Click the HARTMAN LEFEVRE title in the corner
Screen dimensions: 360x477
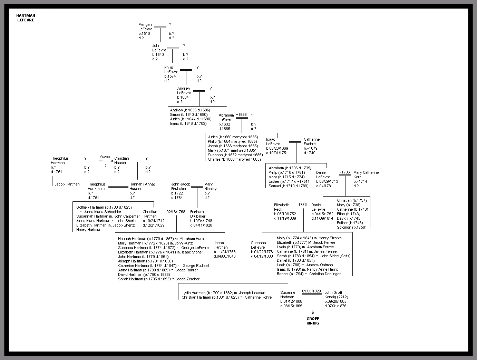pos(26,18)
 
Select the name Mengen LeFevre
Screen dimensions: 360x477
pos(145,27)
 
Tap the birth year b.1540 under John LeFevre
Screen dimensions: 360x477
pos(158,54)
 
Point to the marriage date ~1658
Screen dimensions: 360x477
pos(241,115)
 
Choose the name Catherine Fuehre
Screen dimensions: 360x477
pos(312,142)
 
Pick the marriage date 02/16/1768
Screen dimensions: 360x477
pos(176,212)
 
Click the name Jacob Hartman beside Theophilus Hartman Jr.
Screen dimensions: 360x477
pos(67,184)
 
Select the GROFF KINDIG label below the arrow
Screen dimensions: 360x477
pos(313,321)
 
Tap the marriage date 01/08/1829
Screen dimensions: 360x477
pos(311,291)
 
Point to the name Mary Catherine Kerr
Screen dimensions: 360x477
pos(366,175)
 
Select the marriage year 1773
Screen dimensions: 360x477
pos(302,205)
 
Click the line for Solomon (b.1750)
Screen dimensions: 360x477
pos(351,227)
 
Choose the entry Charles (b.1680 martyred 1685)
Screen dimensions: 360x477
pos(234,159)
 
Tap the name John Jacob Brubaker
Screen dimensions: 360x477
pos(181,187)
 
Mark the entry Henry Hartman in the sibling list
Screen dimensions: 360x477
pos(89,230)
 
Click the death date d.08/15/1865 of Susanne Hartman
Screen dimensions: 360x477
pos(291,306)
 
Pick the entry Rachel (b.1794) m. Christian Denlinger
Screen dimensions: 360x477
pos(309,274)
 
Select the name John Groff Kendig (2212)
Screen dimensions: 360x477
pos(336,295)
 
